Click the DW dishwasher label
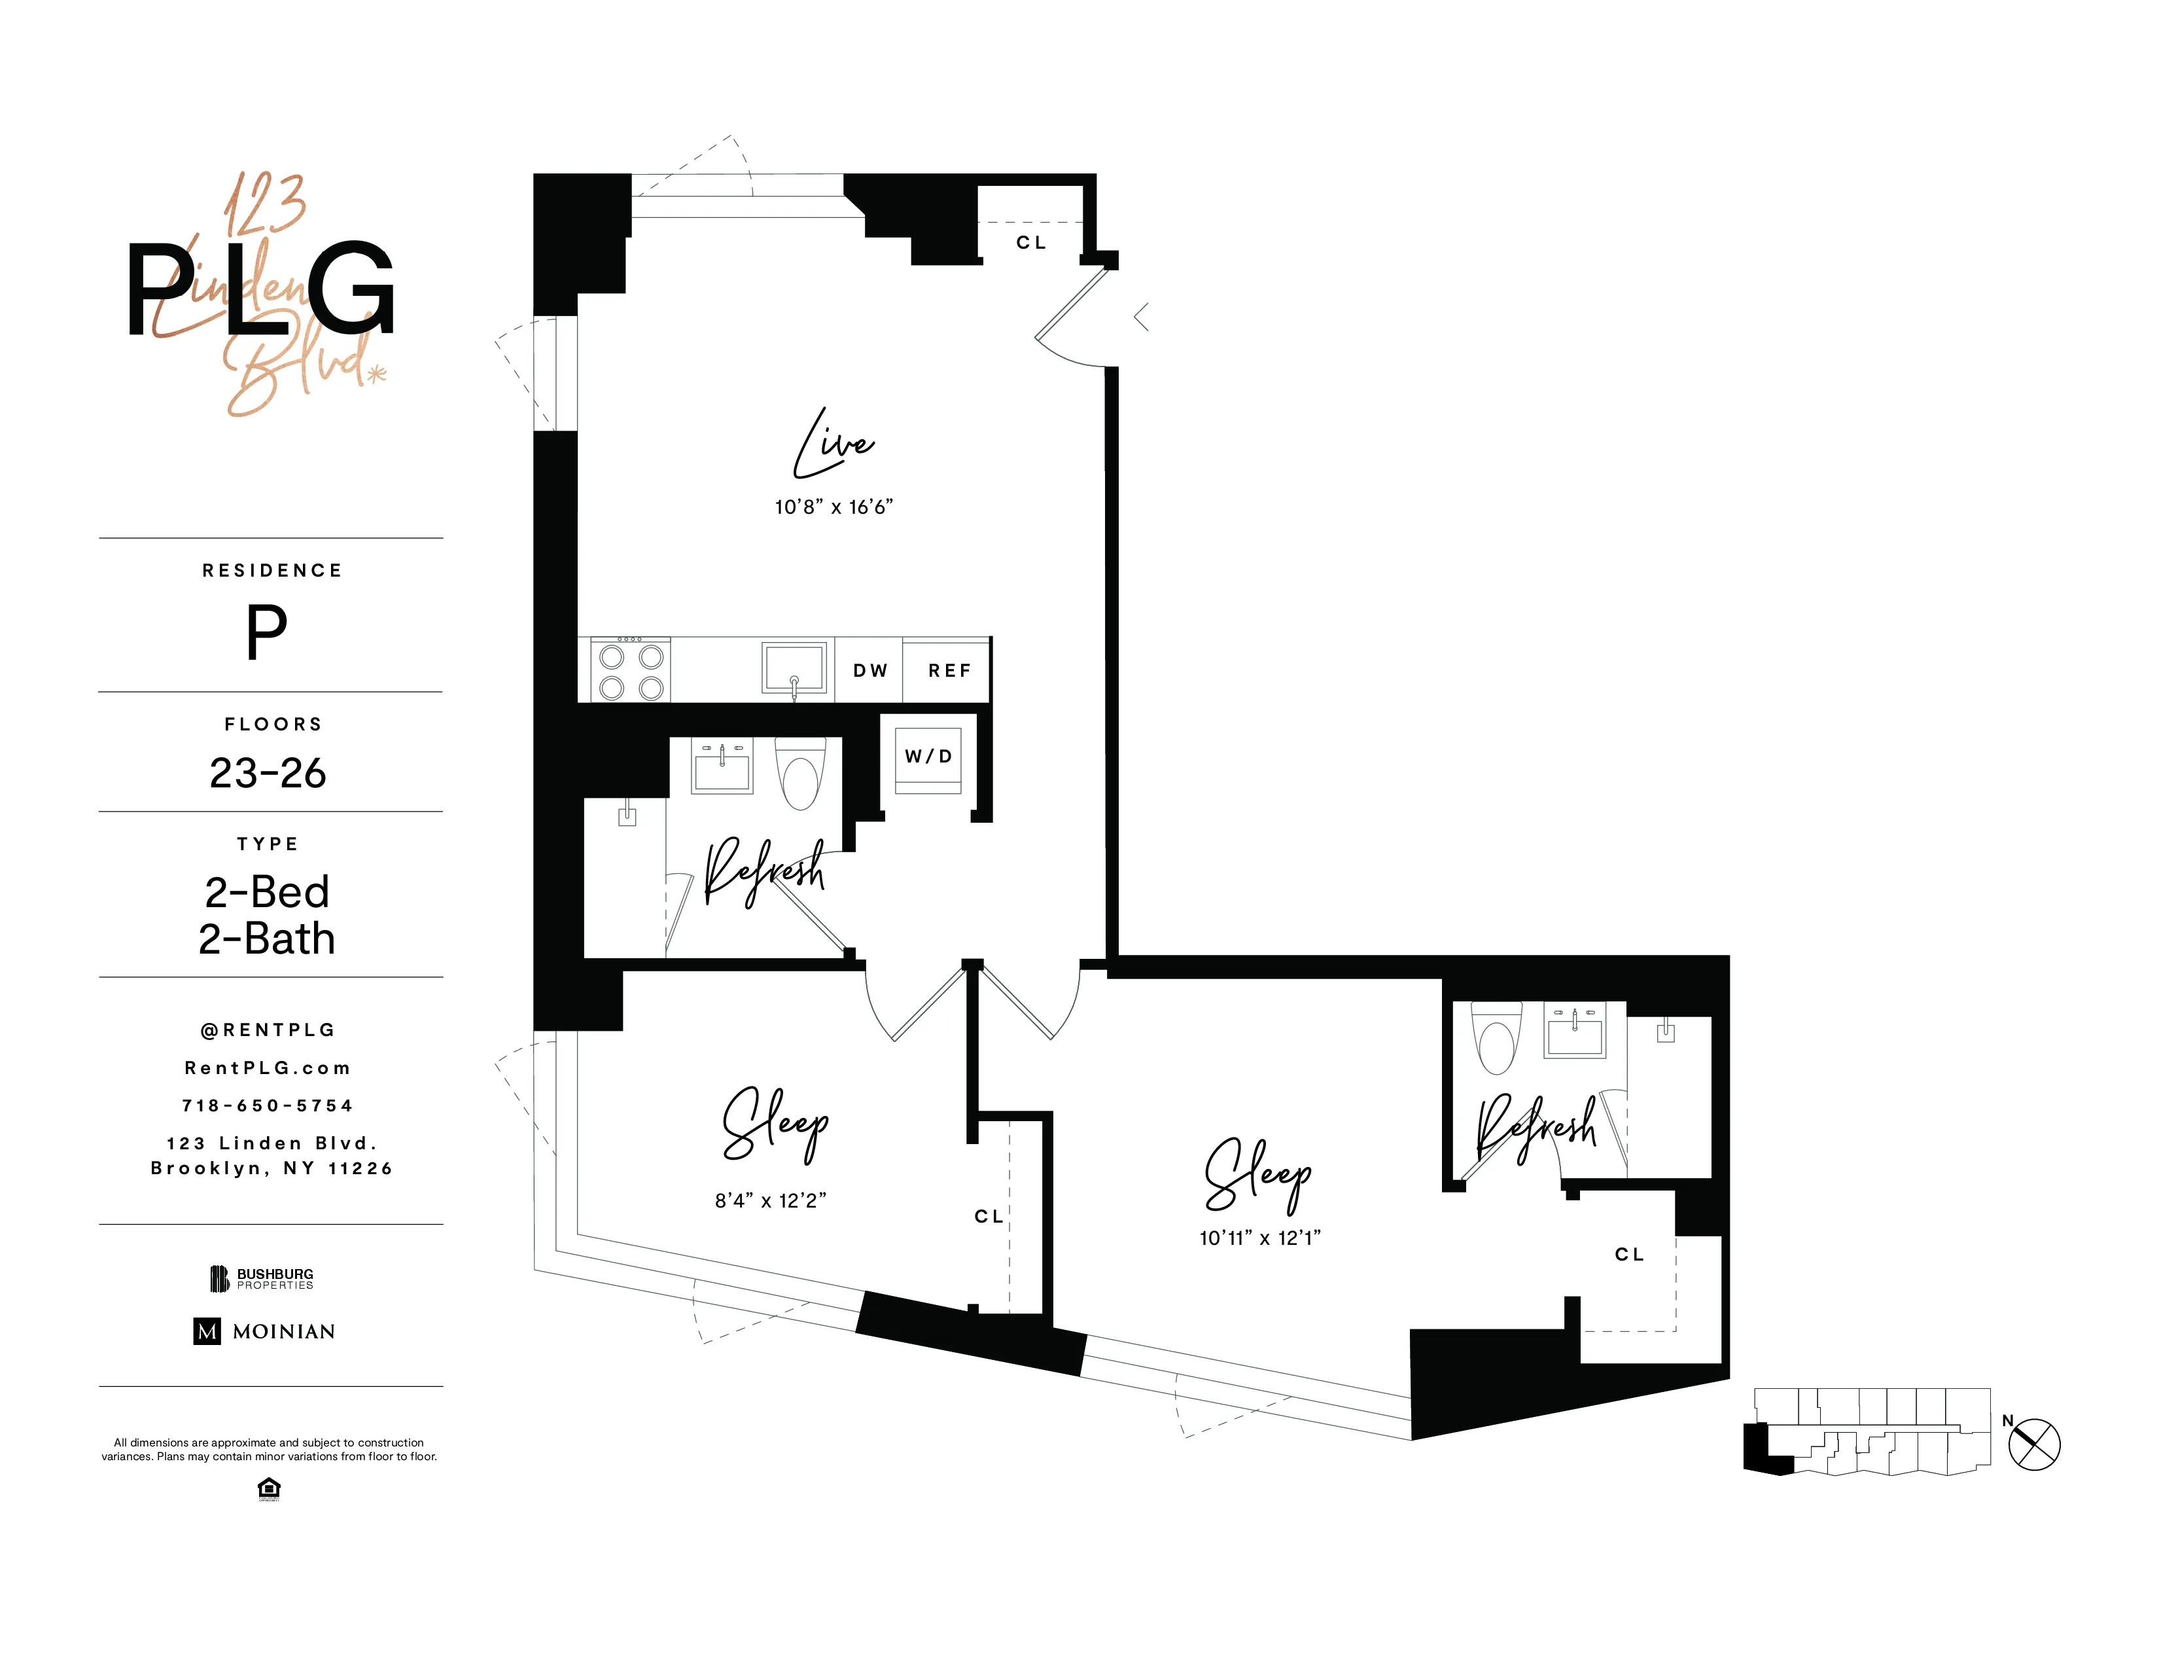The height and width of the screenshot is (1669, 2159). (870, 670)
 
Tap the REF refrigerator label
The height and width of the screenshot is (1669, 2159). (949, 670)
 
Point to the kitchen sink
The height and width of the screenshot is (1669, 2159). (794, 668)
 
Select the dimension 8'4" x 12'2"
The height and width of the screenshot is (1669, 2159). (770, 1200)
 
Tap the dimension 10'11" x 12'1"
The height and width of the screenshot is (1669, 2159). (1259, 1238)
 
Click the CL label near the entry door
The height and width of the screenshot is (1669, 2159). (1031, 242)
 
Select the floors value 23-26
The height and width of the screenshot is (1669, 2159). (268, 773)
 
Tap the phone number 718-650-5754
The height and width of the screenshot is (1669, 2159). (268, 1105)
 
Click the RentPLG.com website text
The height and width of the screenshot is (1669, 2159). (268, 1068)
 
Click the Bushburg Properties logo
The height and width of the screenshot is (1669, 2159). (262, 1278)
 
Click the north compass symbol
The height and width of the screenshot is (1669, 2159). (2035, 1445)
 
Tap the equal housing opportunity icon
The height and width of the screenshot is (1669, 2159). (268, 1488)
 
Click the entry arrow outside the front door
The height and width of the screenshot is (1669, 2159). (1141, 317)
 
